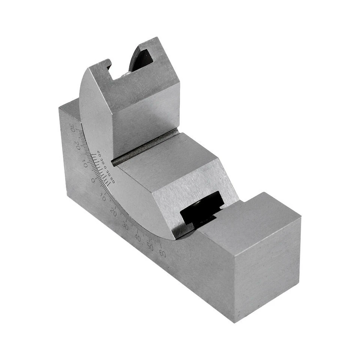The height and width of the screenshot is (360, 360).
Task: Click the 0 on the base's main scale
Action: [93, 180]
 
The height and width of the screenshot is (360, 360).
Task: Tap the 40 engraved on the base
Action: [138, 238]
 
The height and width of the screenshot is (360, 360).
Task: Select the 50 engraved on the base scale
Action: [150, 246]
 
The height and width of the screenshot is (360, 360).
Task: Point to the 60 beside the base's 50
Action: [162, 253]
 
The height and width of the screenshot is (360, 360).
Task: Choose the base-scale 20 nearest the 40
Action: [113, 212]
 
